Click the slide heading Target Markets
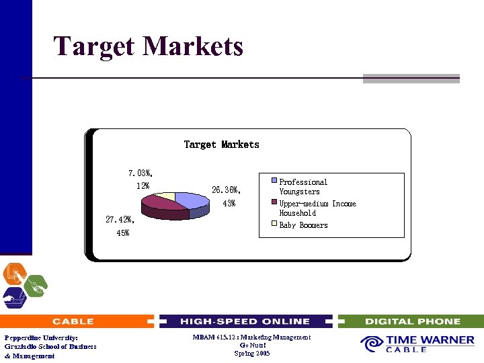tap(148, 46)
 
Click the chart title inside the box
tap(221, 145)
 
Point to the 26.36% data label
tap(226, 190)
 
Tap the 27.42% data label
tap(120, 219)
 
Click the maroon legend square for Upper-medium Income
tap(275, 203)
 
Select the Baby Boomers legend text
tap(303, 225)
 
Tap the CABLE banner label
tap(73, 321)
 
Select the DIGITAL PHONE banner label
tap(412, 321)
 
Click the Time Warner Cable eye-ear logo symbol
tap(371, 344)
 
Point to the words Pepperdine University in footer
tap(41, 337)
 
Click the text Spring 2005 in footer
tap(251, 354)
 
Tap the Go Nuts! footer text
tap(251, 346)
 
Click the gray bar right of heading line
tap(411, 79)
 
